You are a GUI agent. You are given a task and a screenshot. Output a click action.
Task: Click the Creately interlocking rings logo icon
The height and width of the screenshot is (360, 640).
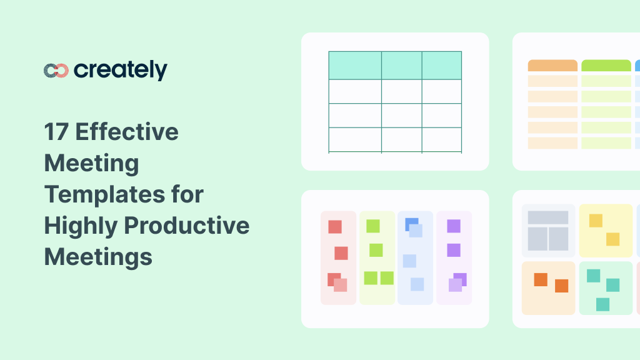(x=56, y=71)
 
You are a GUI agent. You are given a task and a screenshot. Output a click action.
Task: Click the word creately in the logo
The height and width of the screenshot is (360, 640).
(x=121, y=71)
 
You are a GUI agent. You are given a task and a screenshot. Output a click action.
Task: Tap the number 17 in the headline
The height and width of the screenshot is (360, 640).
(x=56, y=132)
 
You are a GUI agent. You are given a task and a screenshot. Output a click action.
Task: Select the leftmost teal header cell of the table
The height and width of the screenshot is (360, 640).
(x=355, y=65)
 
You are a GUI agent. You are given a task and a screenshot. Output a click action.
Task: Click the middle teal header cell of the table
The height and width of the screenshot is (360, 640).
(x=401, y=65)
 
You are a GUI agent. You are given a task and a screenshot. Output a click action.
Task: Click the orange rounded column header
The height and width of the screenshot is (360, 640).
(x=552, y=66)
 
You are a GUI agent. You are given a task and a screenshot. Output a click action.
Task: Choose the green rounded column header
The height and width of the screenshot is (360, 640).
(x=606, y=66)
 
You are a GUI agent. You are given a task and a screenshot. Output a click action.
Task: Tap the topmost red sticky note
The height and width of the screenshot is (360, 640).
(x=335, y=227)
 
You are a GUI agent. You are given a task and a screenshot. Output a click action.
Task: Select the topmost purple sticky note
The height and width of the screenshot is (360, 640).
(x=454, y=226)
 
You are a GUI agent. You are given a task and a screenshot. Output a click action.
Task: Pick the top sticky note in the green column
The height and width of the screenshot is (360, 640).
(x=373, y=226)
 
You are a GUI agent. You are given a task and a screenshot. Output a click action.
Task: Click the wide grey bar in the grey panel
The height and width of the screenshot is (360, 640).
(x=548, y=217)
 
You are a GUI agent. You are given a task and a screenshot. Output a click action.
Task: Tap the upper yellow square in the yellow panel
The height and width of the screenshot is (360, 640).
(x=596, y=221)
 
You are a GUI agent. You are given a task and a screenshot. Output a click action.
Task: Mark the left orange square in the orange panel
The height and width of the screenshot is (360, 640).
(x=541, y=279)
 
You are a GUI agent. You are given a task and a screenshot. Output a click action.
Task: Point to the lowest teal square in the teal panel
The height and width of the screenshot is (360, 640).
(x=602, y=304)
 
